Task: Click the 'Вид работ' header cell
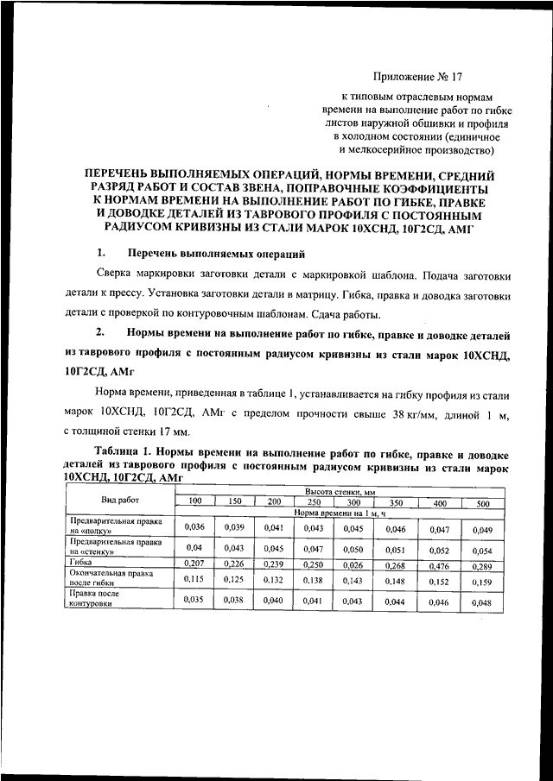(x=120, y=501)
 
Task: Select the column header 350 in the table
(x=395, y=502)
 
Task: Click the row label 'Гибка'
(x=82, y=561)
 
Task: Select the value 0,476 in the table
(x=439, y=565)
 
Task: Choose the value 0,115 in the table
(x=194, y=579)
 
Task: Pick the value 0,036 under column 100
(x=194, y=526)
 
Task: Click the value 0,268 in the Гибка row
(x=395, y=564)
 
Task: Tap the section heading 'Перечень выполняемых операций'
(x=215, y=254)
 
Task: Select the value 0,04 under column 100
(x=194, y=547)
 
